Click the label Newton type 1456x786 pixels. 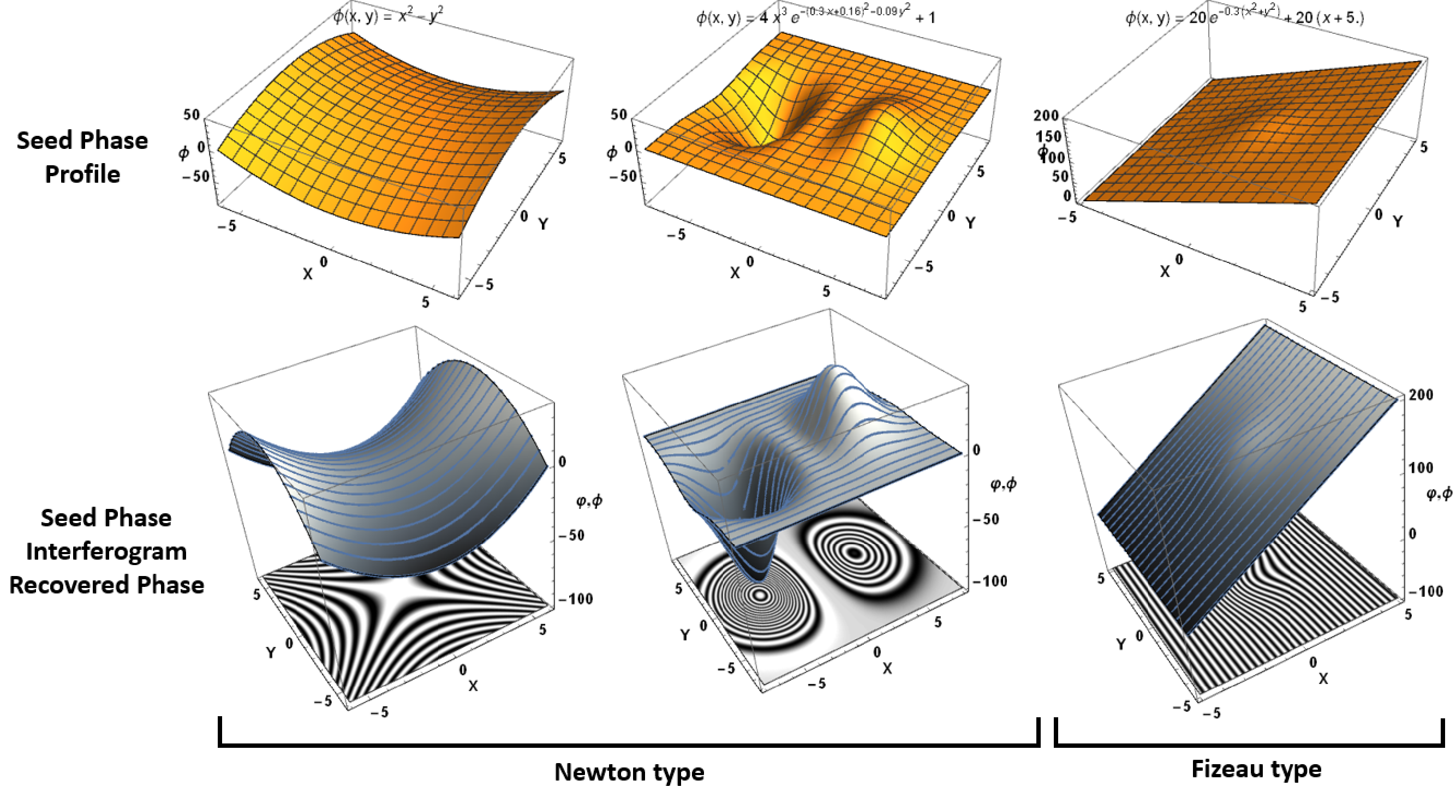point(629,771)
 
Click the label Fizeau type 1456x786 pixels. point(1256,769)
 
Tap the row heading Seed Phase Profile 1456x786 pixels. point(82,157)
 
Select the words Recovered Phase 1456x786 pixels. point(106,585)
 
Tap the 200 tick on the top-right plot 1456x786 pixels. point(1046,115)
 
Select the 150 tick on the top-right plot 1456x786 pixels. point(1048,137)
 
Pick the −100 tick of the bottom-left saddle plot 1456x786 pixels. point(575,599)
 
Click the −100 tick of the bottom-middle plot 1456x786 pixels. point(990,581)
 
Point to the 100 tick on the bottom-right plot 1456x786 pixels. point(1421,468)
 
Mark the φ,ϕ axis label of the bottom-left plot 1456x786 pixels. point(589,501)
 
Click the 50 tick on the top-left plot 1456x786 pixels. point(192,115)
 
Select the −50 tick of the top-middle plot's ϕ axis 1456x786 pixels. point(623,176)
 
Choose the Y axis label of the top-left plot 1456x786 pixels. point(543,224)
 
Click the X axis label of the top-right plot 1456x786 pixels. point(1165,272)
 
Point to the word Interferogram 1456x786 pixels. point(106,551)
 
